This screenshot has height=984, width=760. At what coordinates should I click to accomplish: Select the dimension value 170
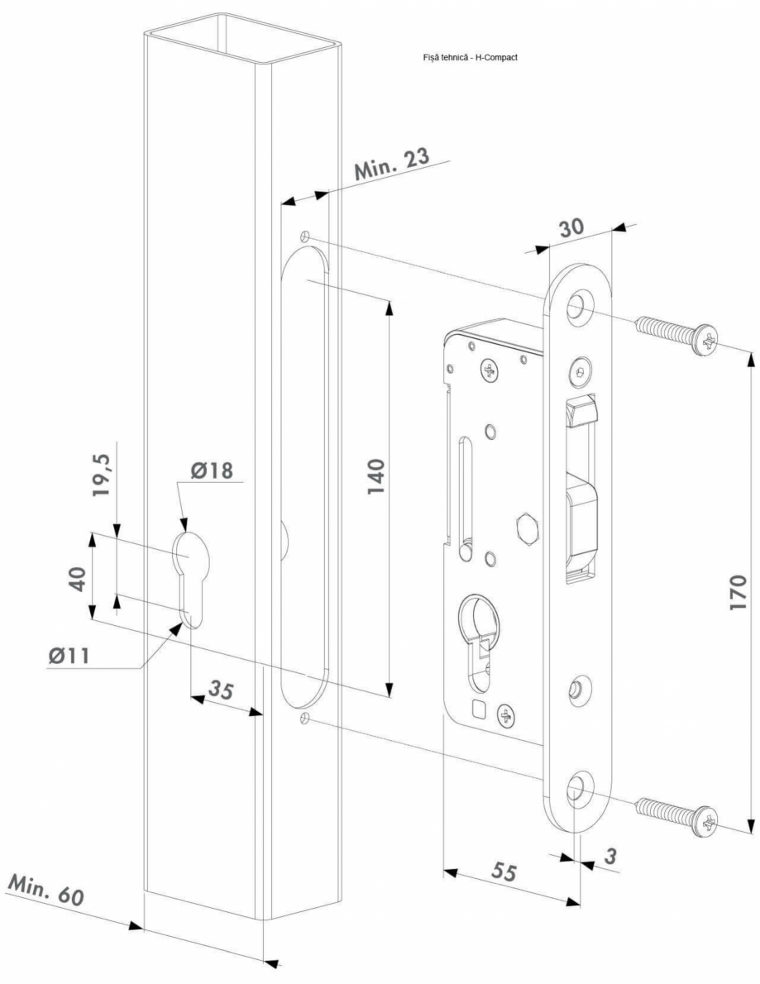point(738,590)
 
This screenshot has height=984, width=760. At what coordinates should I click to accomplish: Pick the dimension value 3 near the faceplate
point(610,857)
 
